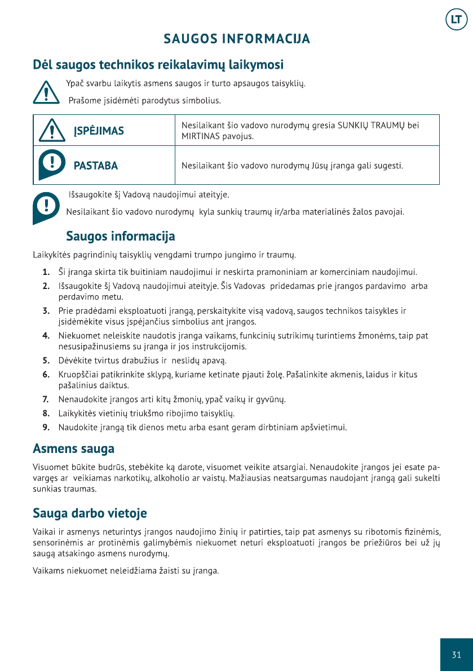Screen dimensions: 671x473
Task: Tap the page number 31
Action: click(x=456, y=654)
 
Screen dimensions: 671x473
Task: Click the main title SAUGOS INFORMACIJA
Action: click(x=237, y=39)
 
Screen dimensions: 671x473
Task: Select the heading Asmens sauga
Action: click(x=73, y=449)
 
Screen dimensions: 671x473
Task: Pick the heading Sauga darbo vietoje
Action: click(x=90, y=513)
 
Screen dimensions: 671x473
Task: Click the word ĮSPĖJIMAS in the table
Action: click(x=99, y=131)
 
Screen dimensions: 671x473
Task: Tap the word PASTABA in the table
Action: click(x=96, y=166)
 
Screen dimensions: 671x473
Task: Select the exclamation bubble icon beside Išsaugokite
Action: click(x=46, y=207)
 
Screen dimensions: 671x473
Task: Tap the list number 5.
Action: click(x=45, y=360)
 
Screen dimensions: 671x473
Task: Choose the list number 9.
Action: click(x=45, y=427)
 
